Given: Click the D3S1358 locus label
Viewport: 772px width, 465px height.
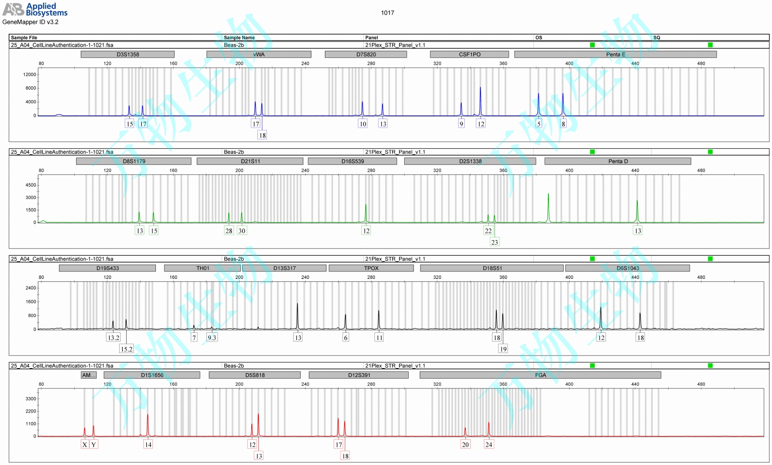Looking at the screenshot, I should [x=128, y=54].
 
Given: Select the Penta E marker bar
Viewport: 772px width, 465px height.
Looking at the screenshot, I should [x=615, y=54].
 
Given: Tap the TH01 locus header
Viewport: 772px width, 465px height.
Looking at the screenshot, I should [x=202, y=268].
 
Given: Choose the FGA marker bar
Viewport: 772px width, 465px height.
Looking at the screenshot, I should [x=540, y=375].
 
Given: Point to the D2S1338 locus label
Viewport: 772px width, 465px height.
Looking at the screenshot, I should [x=470, y=161].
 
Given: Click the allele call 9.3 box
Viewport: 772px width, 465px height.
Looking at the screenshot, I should [x=212, y=338].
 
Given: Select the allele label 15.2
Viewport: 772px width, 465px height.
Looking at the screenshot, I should [x=126, y=349].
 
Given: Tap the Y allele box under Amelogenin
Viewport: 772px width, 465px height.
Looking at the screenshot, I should [x=93, y=445].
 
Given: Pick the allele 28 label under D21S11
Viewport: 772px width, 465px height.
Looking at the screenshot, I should [x=229, y=231].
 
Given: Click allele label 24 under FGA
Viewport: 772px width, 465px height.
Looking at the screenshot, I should [x=488, y=445].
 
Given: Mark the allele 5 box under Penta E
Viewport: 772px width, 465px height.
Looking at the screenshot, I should [x=538, y=124].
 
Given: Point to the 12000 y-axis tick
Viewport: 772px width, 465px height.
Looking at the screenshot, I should [x=30, y=75].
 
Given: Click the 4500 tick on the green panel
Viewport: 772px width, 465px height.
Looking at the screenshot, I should [x=30, y=185].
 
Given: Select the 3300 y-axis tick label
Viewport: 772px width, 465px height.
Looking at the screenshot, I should [x=30, y=399].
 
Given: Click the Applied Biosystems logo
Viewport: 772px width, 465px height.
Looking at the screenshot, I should [x=35, y=9].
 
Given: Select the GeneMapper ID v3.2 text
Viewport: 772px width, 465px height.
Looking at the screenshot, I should [x=30, y=22].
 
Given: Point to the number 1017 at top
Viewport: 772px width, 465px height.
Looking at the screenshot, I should [x=388, y=13].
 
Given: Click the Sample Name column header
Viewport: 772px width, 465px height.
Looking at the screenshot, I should [x=239, y=38].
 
